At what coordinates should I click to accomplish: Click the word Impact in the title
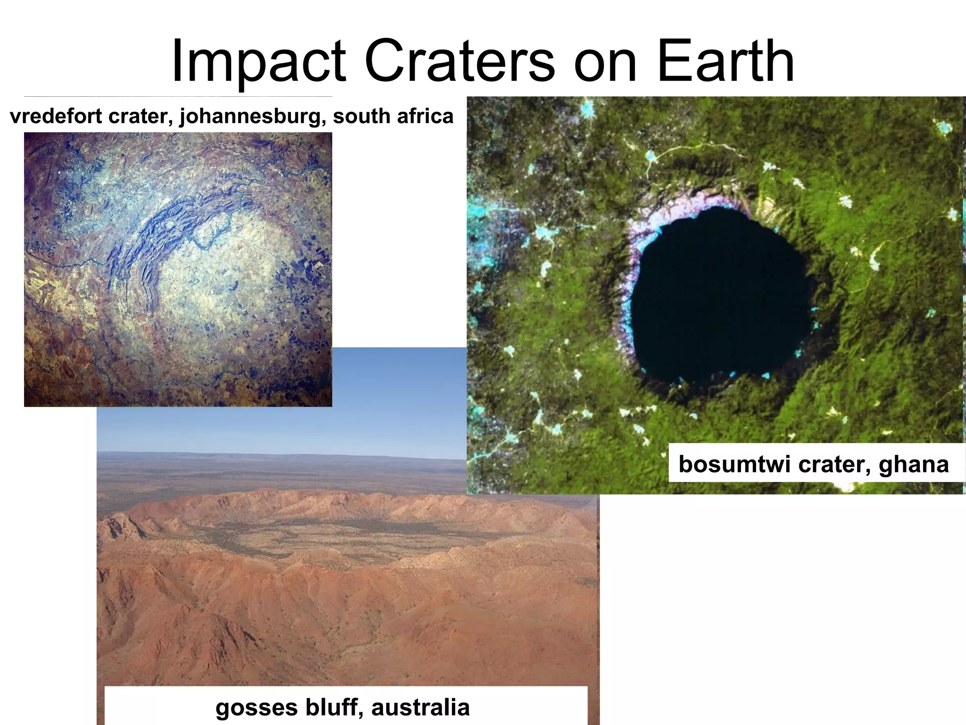(x=258, y=62)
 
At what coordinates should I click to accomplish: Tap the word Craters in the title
(x=459, y=62)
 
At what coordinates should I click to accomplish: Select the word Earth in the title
(x=725, y=62)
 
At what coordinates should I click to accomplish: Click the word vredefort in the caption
(x=56, y=117)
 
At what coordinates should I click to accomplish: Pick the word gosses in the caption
(x=257, y=708)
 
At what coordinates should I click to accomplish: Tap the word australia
(x=420, y=708)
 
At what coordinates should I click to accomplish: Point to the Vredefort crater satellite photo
(x=178, y=269)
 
